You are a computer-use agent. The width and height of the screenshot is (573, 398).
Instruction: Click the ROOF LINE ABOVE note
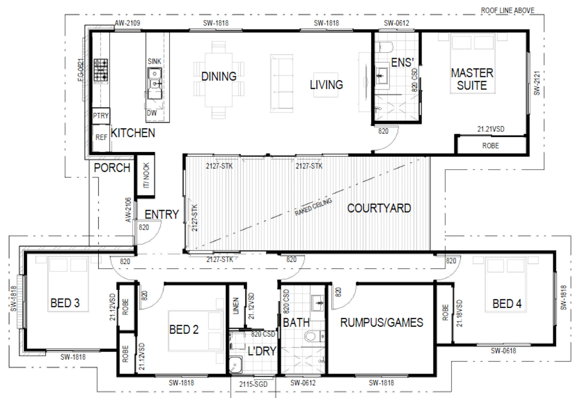508,11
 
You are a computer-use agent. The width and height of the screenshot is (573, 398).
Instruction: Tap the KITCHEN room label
133,133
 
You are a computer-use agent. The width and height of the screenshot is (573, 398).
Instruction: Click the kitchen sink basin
155,83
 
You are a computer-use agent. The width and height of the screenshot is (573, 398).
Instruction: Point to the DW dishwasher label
152,113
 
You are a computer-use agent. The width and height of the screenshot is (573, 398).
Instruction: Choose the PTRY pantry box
101,116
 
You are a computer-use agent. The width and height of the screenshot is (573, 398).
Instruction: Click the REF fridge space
101,138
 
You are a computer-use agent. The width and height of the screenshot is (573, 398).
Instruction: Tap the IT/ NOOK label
146,175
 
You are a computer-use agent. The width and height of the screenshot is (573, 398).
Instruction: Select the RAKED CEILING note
314,207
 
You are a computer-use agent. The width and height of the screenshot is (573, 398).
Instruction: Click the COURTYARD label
379,208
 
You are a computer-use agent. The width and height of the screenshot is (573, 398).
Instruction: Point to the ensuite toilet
384,47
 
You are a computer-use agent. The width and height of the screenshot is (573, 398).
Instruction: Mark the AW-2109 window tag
127,23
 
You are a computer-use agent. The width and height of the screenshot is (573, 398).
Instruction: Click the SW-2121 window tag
537,83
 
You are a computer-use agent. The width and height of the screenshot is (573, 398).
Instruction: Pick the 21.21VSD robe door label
491,129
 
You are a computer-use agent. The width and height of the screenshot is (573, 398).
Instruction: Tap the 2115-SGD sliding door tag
253,384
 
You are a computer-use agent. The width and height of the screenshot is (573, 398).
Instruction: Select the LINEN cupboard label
236,306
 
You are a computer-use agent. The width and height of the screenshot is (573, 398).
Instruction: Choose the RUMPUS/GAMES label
381,323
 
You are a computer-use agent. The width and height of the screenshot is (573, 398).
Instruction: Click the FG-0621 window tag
81,70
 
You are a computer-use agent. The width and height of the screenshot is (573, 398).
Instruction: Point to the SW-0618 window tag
503,350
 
